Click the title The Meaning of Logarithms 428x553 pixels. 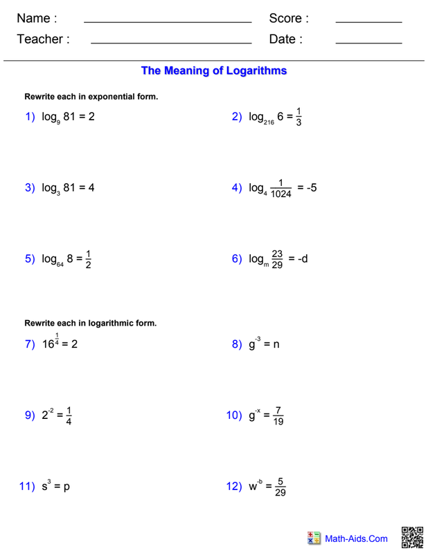[213, 71]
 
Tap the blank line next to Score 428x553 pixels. [368, 23]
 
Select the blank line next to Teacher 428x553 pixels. [171, 44]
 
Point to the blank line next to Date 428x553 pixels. [368, 44]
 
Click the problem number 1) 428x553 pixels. [30, 117]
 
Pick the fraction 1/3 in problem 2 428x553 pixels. [298, 117]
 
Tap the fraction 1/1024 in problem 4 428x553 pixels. [281, 189]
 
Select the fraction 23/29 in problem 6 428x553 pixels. [277, 259]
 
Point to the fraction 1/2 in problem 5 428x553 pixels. [89, 259]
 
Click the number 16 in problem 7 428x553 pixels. [47, 344]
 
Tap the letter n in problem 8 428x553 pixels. [276, 344]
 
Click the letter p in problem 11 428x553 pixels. [66, 487]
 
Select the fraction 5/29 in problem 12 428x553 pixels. [280, 487]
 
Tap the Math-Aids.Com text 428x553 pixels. [357, 538]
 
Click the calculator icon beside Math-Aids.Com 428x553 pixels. [314, 538]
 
